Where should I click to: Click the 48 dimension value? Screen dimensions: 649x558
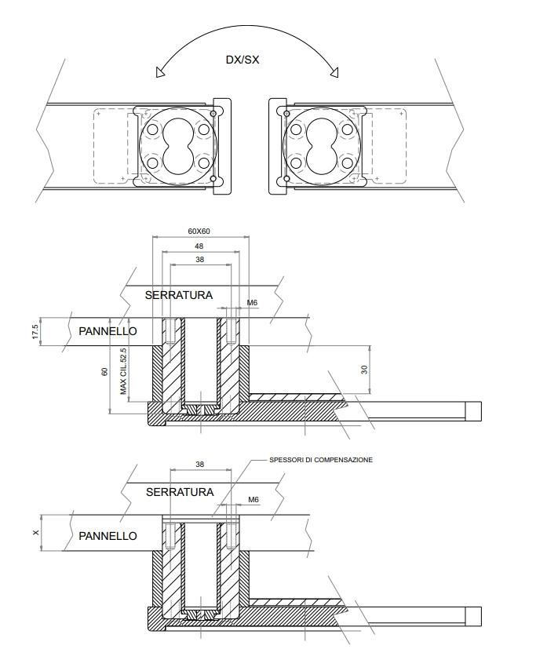pyautogui.click(x=199, y=246)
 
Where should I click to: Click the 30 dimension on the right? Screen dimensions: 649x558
pyautogui.click(x=364, y=369)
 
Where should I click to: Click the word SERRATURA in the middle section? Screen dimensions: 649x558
pyautogui.click(x=180, y=294)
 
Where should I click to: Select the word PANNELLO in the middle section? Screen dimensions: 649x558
pyautogui.click(x=108, y=331)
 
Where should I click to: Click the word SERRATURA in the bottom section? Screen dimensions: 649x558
pyautogui.click(x=180, y=492)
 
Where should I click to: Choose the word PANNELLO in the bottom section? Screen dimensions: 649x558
pyautogui.click(x=108, y=535)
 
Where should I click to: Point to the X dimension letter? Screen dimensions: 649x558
pyautogui.click(x=37, y=534)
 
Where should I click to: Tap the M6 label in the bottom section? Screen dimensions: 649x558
pyautogui.click(x=253, y=500)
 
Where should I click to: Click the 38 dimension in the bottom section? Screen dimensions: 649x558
pyautogui.click(x=199, y=465)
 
